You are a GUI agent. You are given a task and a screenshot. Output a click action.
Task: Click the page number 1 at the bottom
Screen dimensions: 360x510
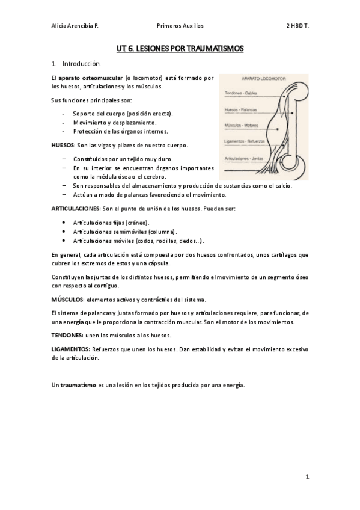[307, 477]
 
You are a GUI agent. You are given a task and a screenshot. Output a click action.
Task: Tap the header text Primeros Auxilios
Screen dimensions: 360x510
[180, 26]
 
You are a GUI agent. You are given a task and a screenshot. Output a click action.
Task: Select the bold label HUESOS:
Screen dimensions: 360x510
[63, 145]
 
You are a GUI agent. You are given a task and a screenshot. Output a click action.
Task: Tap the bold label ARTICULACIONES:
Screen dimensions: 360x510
[76, 208]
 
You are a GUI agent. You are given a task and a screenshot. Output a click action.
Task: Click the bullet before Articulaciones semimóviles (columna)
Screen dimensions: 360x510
[64, 231]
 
